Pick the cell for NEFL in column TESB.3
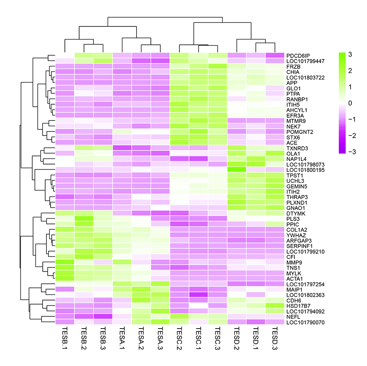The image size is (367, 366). pos(103,316)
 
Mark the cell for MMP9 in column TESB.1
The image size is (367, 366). pos(64,262)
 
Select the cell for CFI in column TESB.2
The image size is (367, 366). pos(84,256)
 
